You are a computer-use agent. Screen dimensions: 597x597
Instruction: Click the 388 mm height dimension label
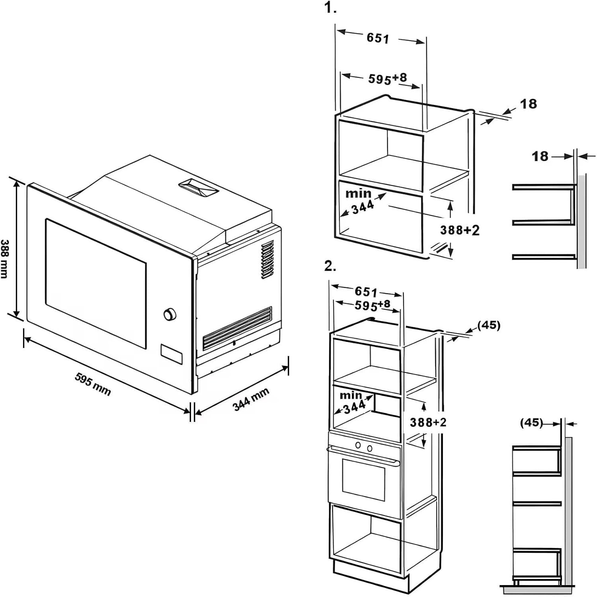[x=5, y=259]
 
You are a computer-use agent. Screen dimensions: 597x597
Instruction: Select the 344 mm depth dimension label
[x=251, y=399]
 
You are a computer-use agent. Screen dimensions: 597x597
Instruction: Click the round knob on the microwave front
[x=170, y=314]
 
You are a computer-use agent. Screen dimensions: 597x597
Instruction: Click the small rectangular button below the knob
[x=172, y=354]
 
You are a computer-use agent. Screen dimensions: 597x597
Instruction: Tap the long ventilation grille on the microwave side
[x=237, y=328]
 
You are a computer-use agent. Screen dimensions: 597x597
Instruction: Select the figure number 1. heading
[x=330, y=8]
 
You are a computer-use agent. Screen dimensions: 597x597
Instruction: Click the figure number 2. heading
[x=330, y=266]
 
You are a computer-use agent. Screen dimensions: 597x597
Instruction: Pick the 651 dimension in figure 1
[x=378, y=38]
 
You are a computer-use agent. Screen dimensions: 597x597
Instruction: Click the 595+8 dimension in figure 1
[x=387, y=78]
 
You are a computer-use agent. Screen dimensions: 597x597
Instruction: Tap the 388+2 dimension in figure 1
[x=460, y=230]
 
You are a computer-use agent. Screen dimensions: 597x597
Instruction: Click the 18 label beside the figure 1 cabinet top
[x=529, y=104]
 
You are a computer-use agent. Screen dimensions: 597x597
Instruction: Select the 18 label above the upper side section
[x=540, y=156]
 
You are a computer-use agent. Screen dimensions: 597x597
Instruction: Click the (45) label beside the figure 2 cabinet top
[x=489, y=325]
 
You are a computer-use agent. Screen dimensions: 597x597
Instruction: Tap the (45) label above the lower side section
[x=532, y=422]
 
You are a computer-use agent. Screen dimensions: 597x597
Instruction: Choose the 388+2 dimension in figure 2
[x=428, y=422]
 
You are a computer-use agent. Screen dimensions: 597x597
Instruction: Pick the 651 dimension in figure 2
[x=366, y=292]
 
